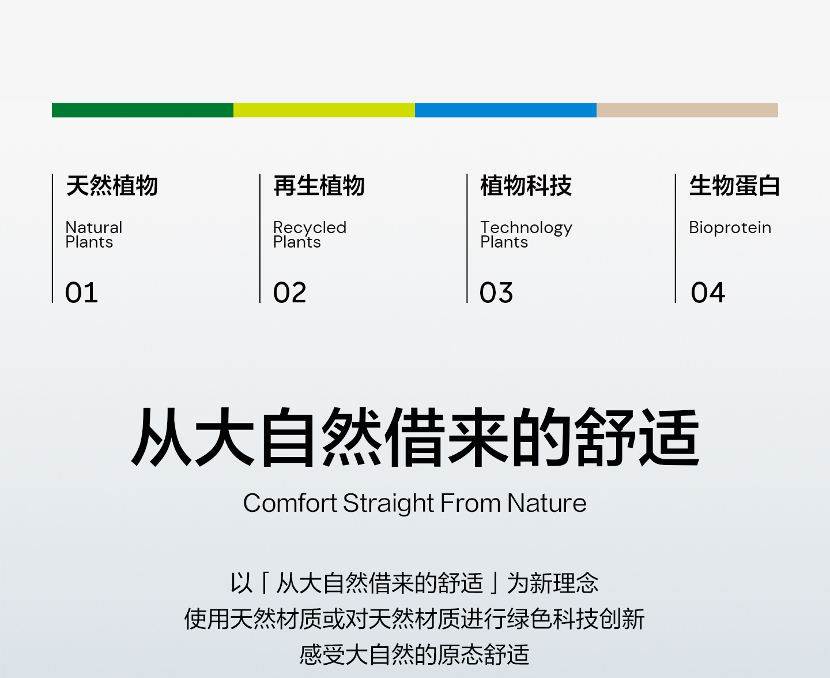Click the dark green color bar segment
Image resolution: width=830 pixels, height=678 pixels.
142,110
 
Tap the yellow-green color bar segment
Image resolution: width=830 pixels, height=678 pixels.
324,110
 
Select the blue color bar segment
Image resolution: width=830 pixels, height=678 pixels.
505,110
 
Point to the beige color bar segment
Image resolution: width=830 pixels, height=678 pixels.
687,110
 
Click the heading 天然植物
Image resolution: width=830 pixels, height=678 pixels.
112,186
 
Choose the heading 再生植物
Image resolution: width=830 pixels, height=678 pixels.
319,186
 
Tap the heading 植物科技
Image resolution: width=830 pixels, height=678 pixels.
526,186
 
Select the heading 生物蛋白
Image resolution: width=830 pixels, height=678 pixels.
734,186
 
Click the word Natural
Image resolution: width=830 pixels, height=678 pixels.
94,227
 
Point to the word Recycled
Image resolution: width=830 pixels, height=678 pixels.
310,228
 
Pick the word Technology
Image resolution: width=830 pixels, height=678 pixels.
526,228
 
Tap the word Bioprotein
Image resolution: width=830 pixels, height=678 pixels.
730,228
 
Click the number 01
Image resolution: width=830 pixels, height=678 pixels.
81,293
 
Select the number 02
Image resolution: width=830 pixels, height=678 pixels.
289,293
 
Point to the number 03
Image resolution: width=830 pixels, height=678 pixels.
496,293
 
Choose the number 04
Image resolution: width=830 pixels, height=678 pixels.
708,293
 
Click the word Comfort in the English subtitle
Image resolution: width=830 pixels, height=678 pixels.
290,503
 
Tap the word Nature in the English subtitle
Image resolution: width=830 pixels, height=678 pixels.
546,503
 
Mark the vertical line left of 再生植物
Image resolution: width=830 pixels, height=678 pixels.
260,238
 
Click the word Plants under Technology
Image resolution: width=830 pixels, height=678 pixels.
504,242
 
